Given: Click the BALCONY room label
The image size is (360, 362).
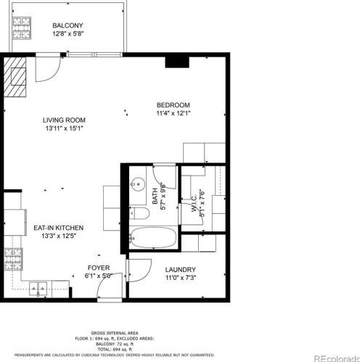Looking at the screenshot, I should pos(66,25).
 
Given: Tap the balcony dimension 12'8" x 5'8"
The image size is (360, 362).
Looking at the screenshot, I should pos(66,33).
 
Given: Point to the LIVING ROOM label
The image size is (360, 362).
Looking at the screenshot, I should pos(63,120).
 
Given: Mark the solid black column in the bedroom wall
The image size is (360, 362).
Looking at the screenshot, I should pos(175,62).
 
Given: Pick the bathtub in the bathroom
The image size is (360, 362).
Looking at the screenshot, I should pos(152,238).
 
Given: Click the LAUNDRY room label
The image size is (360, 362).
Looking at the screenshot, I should pos(180,269).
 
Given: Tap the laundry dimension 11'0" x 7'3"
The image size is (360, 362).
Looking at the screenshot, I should pos(180,277).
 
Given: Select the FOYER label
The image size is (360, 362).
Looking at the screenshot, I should pos(99,268).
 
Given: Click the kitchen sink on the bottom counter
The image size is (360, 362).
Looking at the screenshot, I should pos(40,289).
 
